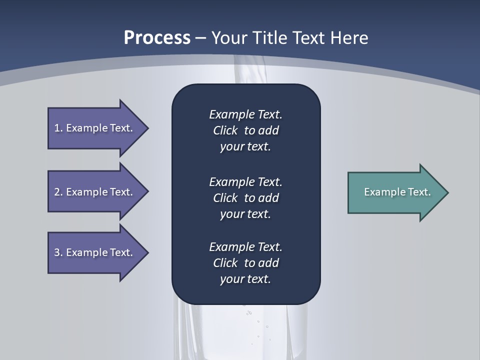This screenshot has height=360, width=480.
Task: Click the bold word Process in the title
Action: pyautogui.click(x=157, y=38)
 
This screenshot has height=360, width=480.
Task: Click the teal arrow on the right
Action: pyautogui.click(x=395, y=192)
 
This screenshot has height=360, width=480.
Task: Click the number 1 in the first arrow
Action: pyautogui.click(x=57, y=128)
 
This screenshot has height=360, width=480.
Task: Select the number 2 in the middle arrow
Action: pyautogui.click(x=57, y=192)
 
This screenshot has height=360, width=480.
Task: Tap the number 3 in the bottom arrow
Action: pyautogui.click(x=57, y=252)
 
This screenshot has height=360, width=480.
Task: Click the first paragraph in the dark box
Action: pyautogui.click(x=245, y=130)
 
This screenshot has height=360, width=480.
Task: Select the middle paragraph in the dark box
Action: pyautogui.click(x=245, y=198)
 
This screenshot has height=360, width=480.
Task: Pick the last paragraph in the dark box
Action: pyautogui.click(x=245, y=263)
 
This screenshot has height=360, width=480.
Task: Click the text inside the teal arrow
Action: pyautogui.click(x=397, y=192)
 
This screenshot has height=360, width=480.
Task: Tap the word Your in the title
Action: pyautogui.click(x=227, y=38)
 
